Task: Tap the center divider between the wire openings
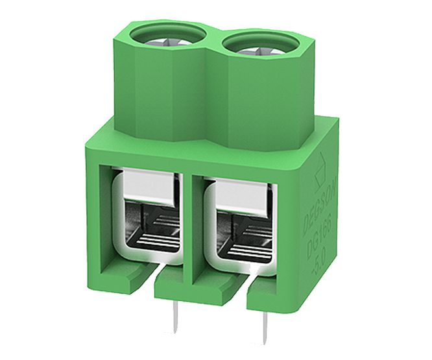(190, 221)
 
